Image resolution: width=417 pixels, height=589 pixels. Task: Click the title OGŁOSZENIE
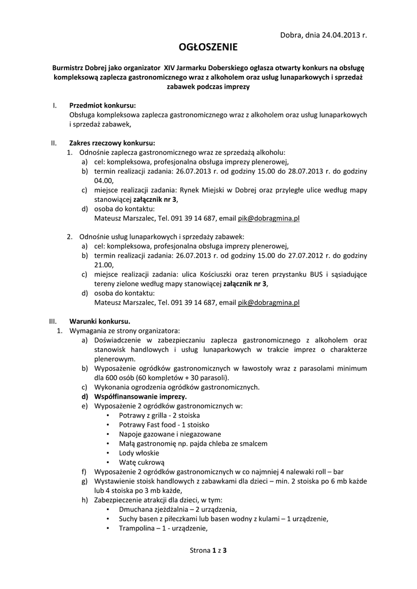[x=208, y=47]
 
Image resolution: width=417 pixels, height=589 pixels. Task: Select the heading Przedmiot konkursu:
[x=102, y=106]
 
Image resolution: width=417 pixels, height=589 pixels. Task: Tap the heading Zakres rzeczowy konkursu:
[x=112, y=143]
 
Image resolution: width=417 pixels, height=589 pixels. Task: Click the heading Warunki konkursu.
[x=100, y=321]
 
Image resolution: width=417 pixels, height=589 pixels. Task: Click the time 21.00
[x=104, y=265]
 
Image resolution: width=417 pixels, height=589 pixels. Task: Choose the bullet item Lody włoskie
[x=139, y=452]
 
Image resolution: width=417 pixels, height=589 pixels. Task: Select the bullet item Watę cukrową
[x=141, y=461]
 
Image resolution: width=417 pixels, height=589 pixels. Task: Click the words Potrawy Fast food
[x=146, y=424]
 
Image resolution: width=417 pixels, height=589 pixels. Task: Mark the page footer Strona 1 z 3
[x=208, y=550]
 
